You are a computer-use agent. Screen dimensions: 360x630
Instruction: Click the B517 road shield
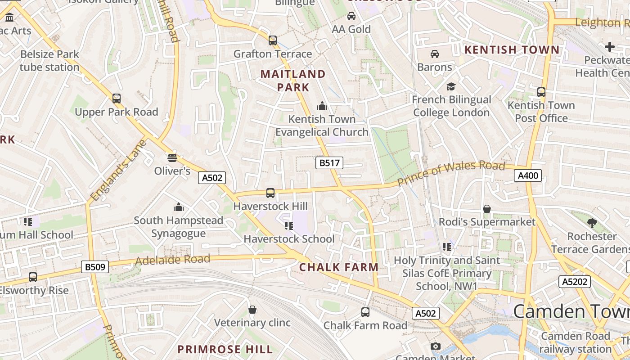coord(329,163)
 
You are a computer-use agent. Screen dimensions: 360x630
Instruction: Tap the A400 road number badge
coord(527,175)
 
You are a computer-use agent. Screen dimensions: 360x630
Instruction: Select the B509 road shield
coord(95,267)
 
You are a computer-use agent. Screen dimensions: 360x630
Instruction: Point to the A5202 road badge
coord(574,282)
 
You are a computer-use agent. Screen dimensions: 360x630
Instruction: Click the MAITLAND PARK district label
coord(293,81)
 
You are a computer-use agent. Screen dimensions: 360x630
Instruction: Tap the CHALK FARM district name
coord(339,267)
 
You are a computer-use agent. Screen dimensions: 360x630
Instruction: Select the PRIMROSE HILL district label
coord(225,349)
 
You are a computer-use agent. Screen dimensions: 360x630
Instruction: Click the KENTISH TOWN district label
coord(512,50)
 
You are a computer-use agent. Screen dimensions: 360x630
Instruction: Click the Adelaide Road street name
coord(172,260)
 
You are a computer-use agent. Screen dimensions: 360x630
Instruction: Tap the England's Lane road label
coord(118,171)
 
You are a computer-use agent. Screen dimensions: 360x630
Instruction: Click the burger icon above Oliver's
coord(172,157)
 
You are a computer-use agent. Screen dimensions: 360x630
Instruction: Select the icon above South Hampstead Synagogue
coord(179,207)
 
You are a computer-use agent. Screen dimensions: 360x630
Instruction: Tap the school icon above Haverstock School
coord(288,225)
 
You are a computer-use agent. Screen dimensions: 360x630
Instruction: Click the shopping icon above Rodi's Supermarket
coord(487,209)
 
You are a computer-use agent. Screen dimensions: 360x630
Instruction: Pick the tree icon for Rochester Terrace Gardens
coord(592,223)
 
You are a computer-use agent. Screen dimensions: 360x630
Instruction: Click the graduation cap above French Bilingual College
coord(451,86)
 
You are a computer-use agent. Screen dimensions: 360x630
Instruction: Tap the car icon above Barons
coord(435,54)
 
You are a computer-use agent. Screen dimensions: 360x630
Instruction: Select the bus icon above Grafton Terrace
coord(273,40)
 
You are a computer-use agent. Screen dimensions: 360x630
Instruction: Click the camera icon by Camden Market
coord(435,346)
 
